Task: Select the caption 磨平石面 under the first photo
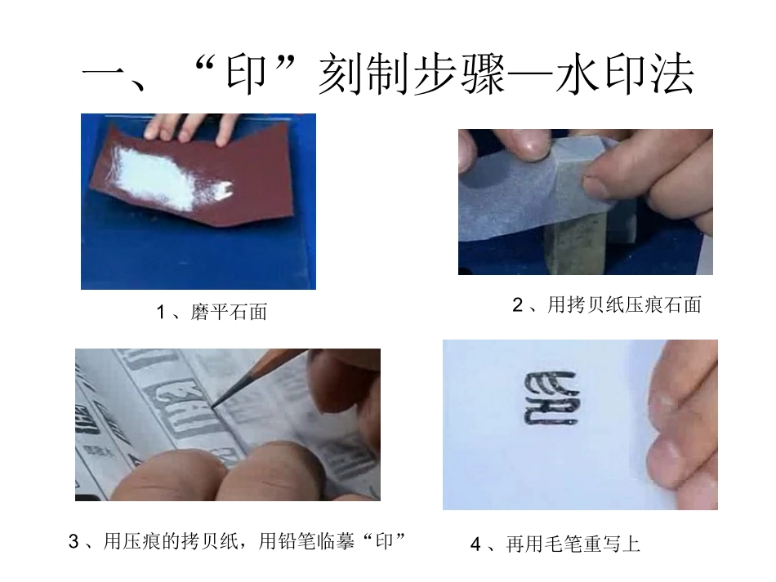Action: (x=229, y=312)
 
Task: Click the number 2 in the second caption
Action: (x=516, y=305)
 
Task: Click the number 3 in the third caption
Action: (x=74, y=541)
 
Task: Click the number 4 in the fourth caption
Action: (x=475, y=544)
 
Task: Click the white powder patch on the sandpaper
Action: (x=163, y=177)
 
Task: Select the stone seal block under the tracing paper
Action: (x=576, y=237)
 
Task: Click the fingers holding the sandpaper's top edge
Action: (x=188, y=127)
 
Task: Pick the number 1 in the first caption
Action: (x=161, y=312)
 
